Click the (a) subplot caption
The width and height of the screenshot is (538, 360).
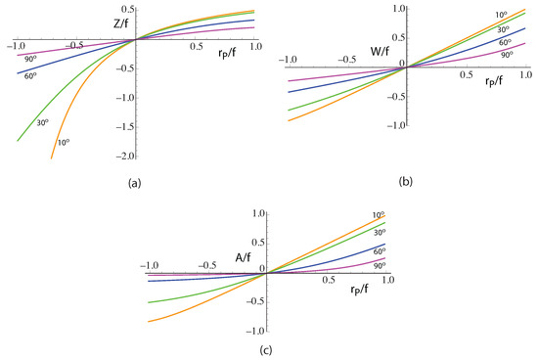point(133,182)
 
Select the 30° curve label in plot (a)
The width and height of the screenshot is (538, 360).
point(41,122)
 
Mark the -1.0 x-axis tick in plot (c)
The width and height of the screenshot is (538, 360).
point(150,264)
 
